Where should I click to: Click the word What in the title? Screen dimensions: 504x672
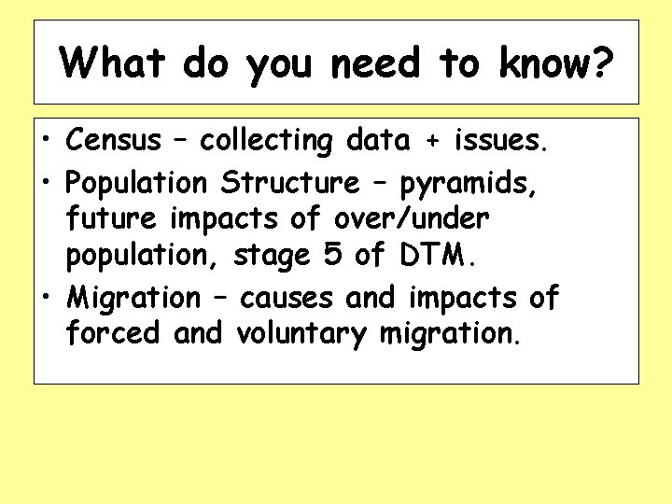tap(113, 63)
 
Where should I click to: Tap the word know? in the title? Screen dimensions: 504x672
tap(556, 63)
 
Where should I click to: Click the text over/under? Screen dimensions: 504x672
tap(411, 218)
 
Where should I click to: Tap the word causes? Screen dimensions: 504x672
tap(287, 298)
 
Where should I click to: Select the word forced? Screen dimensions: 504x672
tap(115, 333)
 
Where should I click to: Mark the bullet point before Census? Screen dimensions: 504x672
tap(45, 142)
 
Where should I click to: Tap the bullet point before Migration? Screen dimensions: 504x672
tap(45, 299)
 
